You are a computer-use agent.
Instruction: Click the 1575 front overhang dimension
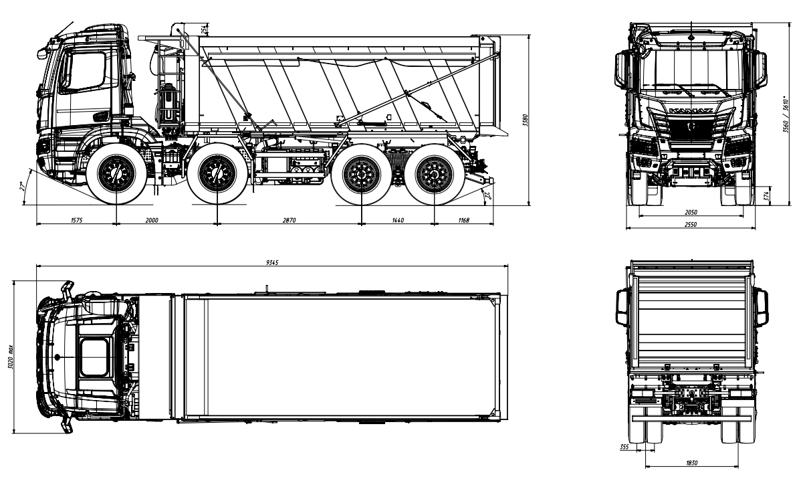click(76, 219)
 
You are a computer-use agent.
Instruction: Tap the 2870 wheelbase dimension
click(289, 219)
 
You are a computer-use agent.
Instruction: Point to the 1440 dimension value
click(398, 219)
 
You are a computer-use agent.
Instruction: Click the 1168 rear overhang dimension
click(463, 219)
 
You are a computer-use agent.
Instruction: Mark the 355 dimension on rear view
click(624, 446)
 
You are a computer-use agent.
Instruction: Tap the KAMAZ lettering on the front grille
click(690, 108)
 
